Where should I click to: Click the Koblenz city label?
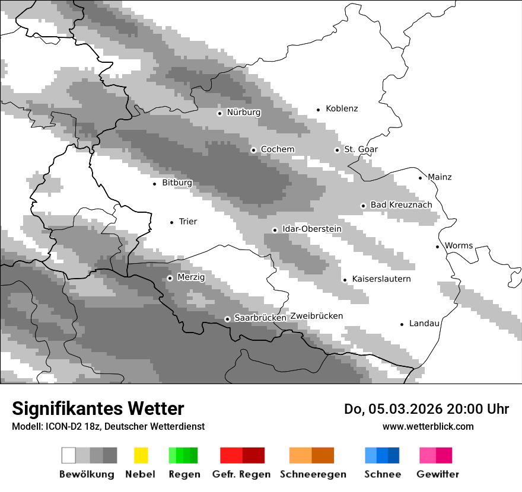pos(342,108)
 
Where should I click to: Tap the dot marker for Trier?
pos(171,222)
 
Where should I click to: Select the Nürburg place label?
pos(243,112)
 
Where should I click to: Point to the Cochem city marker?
pos(253,150)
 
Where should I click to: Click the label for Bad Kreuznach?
pos(401,205)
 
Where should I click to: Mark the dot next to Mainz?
pos(420,178)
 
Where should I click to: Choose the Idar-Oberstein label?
pos(311,229)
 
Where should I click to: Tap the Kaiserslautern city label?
pos(381,279)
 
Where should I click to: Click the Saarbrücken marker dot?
pos(227,319)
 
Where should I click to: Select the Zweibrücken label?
pos(316,316)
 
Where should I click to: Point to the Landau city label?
pos(424,323)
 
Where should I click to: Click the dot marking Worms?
pos(437,247)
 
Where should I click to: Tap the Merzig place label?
pos(191,277)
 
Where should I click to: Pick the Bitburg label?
pos(177,183)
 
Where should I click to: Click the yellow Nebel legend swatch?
pos(141,455)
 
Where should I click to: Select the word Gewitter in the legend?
pos(438,474)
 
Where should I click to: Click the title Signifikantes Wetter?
pos(98,408)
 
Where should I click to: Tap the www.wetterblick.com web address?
pos(428,426)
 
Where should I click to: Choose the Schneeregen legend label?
pos(313,474)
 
